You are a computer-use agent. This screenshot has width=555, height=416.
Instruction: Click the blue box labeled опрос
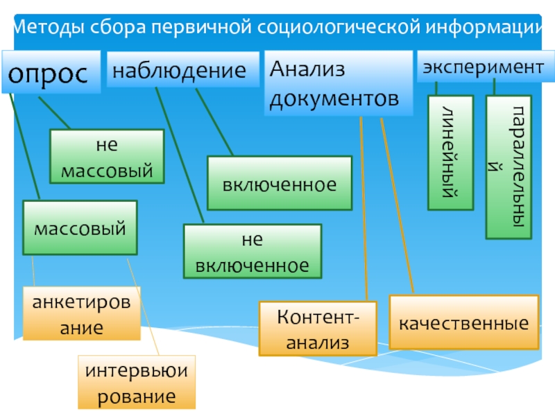50,72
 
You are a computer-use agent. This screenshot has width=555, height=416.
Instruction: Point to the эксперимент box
484,67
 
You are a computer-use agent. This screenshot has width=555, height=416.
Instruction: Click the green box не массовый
107,156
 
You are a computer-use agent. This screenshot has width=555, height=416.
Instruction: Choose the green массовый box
80,227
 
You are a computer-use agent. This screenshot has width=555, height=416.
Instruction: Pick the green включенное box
280,184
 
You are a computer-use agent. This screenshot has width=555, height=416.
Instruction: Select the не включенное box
252,251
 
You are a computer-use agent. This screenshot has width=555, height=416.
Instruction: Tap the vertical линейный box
450,153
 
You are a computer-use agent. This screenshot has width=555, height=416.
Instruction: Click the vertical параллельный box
508,167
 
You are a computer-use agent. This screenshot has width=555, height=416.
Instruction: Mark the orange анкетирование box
81,314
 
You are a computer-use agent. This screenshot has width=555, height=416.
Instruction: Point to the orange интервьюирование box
136,382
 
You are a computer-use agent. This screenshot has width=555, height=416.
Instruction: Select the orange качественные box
463,322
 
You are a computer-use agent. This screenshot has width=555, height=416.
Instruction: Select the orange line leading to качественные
397,205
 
